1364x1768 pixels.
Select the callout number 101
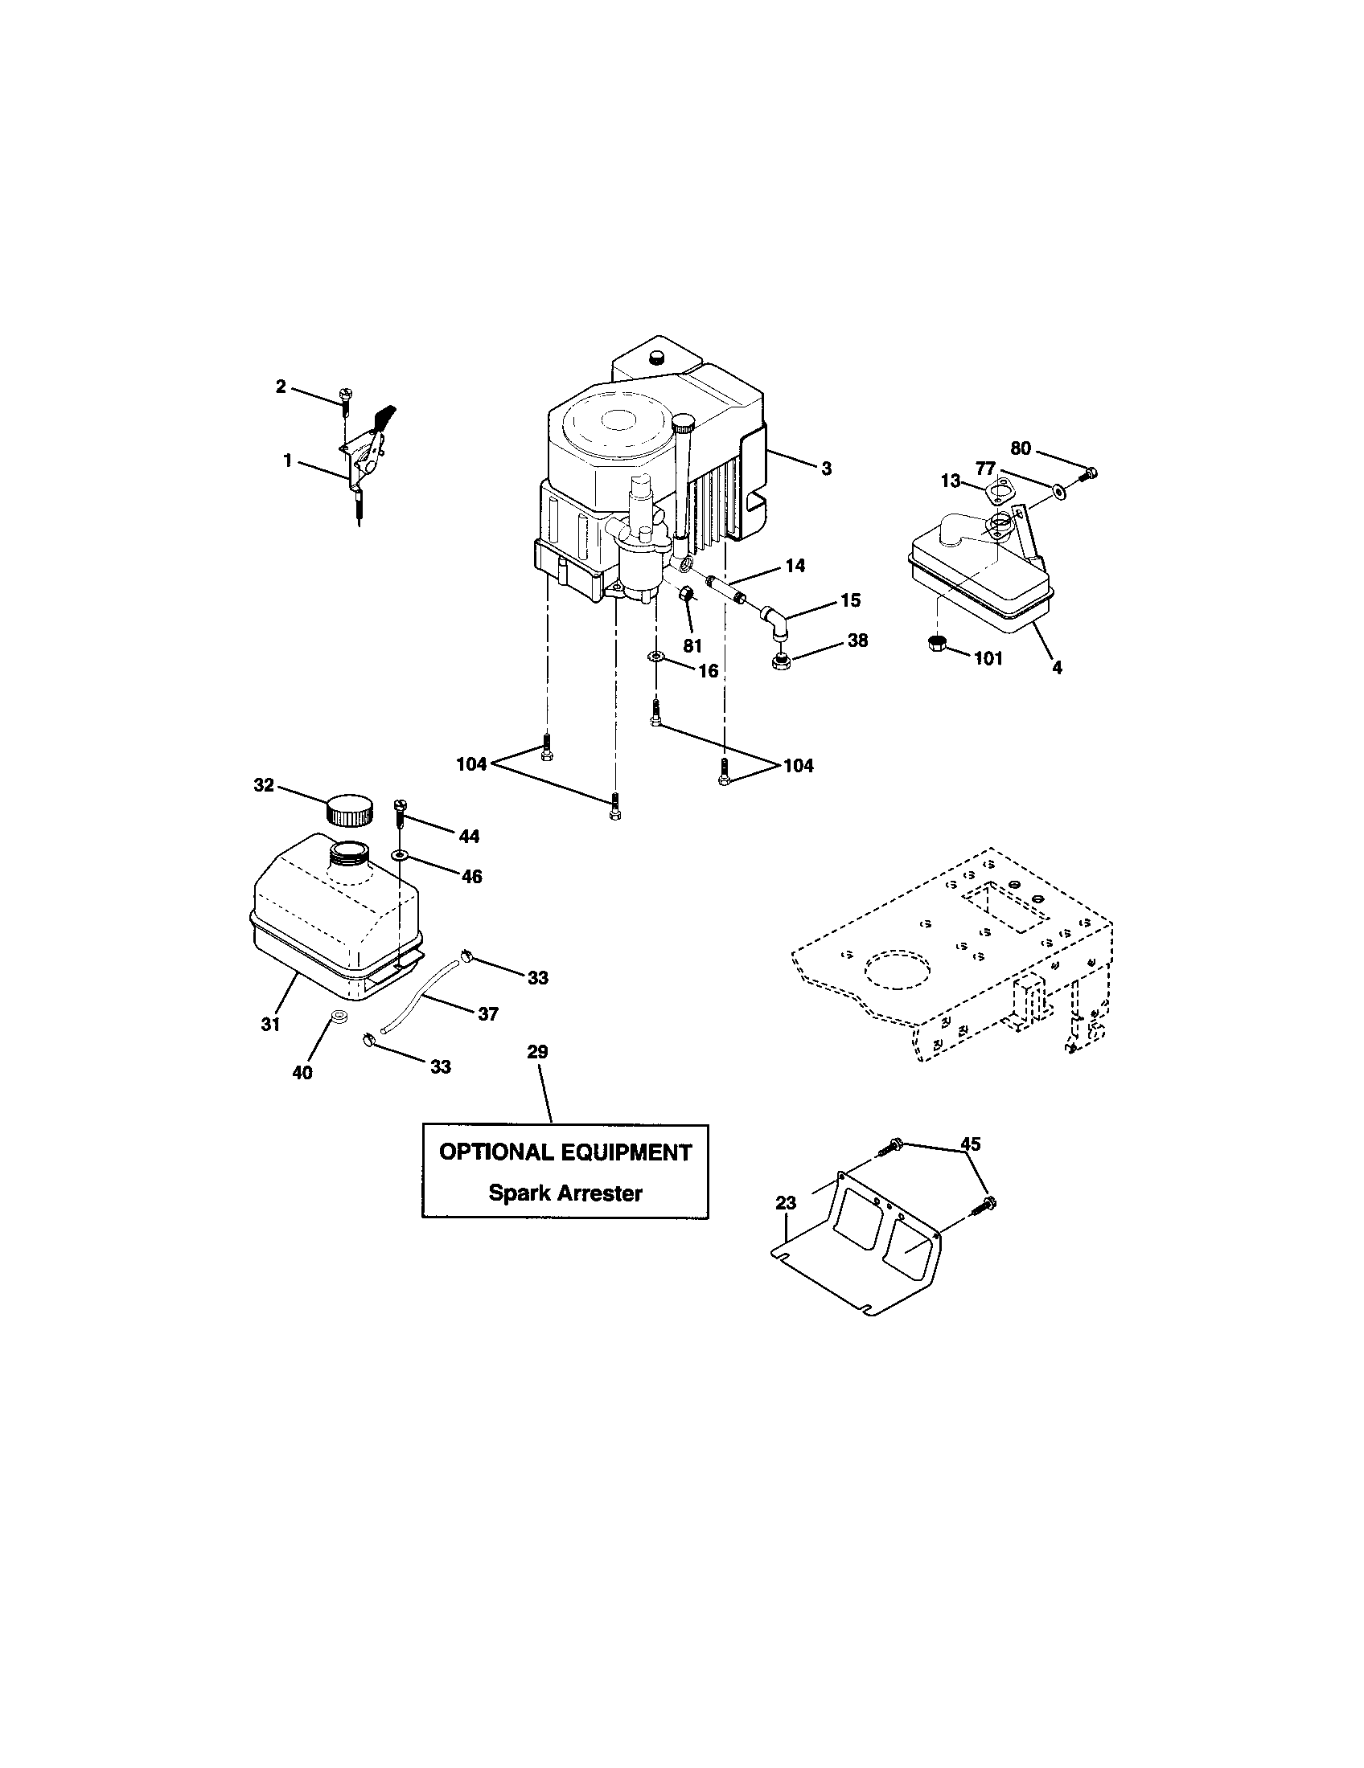[x=988, y=658]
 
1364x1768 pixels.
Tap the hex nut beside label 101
[x=937, y=645]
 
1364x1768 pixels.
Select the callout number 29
[x=537, y=1052]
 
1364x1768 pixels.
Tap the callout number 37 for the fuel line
[x=487, y=1013]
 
